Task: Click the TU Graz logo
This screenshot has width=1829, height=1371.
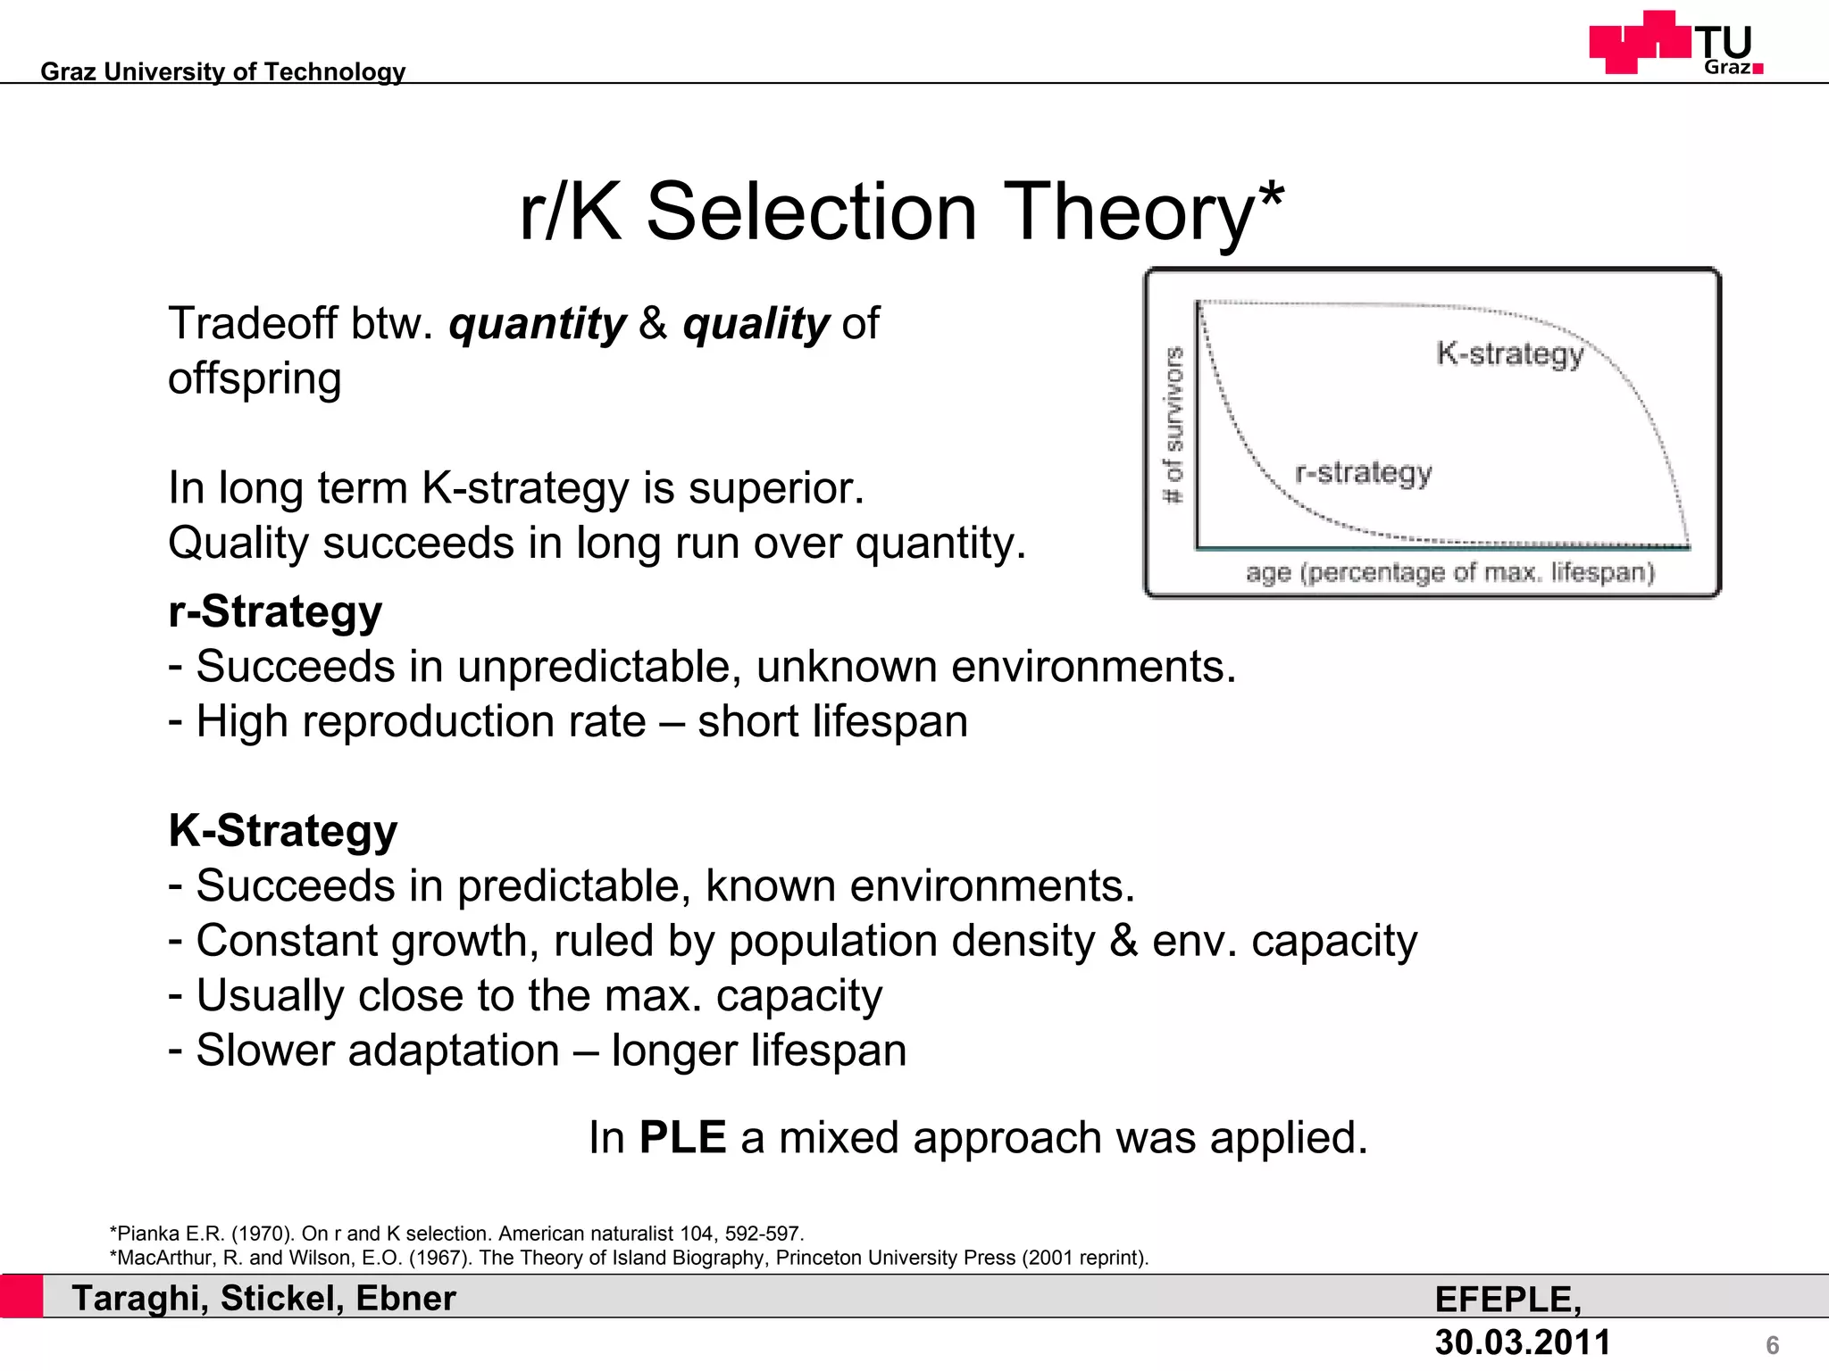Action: click(x=1675, y=43)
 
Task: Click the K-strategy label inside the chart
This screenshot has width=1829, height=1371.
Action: click(x=1509, y=354)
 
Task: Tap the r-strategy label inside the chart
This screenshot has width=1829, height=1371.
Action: click(x=1363, y=472)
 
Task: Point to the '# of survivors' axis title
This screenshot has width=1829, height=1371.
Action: click(x=1173, y=425)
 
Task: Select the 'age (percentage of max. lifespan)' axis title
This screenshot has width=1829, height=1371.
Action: click(x=1449, y=572)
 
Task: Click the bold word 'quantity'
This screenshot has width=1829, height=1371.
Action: click(x=537, y=323)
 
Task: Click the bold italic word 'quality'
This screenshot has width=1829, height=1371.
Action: click(x=756, y=323)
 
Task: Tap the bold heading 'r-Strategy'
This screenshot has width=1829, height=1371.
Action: click(x=275, y=612)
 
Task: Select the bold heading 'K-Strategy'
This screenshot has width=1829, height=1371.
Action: click(x=282, y=831)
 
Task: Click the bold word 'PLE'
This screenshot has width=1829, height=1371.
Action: click(x=682, y=1138)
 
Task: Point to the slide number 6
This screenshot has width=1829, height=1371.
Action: click(x=1772, y=1345)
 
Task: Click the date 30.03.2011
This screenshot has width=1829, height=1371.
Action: click(x=1522, y=1342)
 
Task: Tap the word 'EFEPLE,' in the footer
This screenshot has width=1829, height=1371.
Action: click(x=1507, y=1300)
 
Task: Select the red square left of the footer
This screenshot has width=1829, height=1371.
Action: click(x=21, y=1296)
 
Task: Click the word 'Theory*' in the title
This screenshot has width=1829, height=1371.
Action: click(x=1143, y=212)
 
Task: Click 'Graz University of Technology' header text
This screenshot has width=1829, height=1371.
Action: click(x=223, y=71)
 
